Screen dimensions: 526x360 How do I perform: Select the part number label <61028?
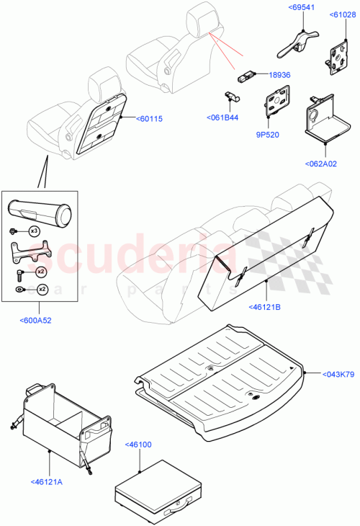tap(341, 14)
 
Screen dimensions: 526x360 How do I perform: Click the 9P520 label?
tap(269, 133)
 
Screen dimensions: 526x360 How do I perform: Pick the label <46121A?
tap(48, 482)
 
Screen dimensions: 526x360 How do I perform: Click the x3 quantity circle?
tap(34, 231)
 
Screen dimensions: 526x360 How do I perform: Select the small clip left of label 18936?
tap(248, 74)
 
